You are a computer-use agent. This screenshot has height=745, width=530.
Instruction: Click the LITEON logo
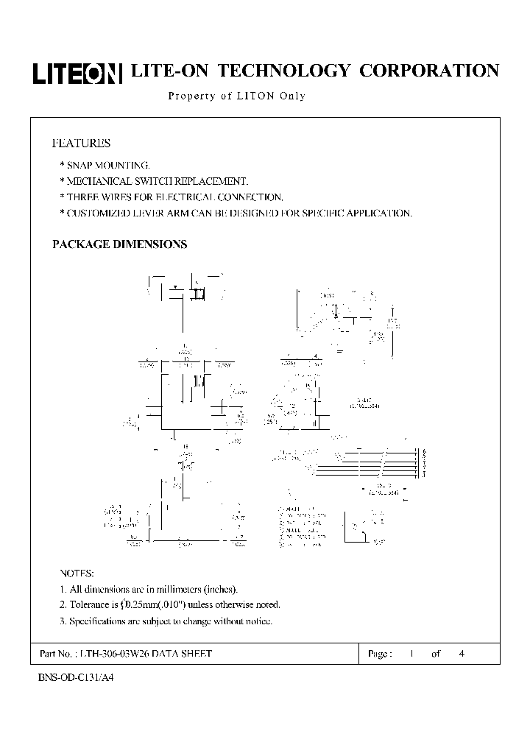click(77, 71)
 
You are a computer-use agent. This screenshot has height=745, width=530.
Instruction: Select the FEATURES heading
click(81, 143)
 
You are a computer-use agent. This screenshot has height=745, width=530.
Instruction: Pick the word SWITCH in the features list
click(172, 181)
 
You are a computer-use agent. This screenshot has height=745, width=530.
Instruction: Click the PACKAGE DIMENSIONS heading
click(119, 244)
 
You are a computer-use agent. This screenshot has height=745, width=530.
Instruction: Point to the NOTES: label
click(77, 573)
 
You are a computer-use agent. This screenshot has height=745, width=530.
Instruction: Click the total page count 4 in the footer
click(462, 654)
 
